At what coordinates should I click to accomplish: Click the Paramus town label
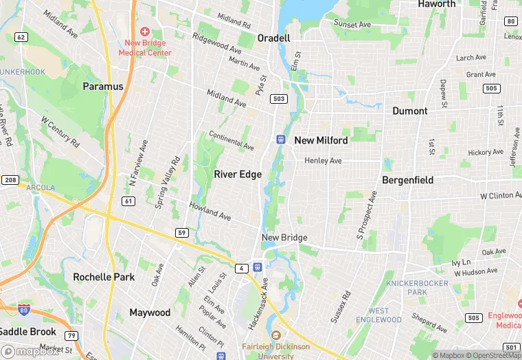click(x=103, y=87)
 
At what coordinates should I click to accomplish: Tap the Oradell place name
click(x=273, y=38)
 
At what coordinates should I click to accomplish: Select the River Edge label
click(x=238, y=175)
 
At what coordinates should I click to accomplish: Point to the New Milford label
click(x=321, y=140)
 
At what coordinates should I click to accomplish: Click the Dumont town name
click(x=410, y=111)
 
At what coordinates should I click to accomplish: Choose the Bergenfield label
click(x=407, y=180)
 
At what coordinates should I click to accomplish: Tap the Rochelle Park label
click(x=104, y=277)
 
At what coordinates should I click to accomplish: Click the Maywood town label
click(x=150, y=313)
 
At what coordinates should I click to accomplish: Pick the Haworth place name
click(x=437, y=4)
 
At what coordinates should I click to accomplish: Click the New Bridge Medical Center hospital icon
click(x=145, y=32)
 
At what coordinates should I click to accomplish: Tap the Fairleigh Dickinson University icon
click(x=275, y=335)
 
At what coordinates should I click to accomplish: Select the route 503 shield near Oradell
click(x=278, y=100)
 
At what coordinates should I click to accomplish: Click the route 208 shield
click(x=10, y=179)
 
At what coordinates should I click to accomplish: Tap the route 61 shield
click(x=128, y=201)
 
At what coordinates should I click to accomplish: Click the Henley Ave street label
click(x=323, y=161)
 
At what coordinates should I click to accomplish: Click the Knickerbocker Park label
click(x=416, y=288)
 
